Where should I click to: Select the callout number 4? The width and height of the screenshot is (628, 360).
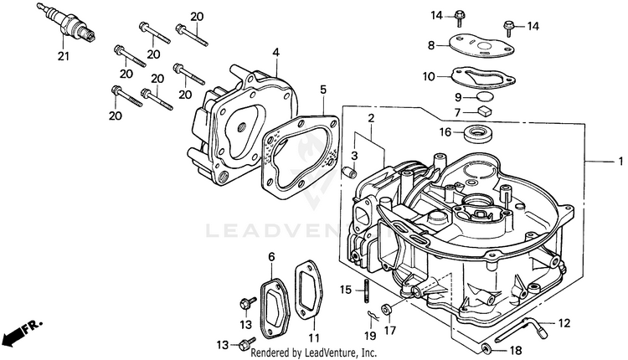[275, 53]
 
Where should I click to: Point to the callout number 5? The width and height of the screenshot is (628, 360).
[322, 88]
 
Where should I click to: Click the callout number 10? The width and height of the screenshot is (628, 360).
[428, 76]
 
